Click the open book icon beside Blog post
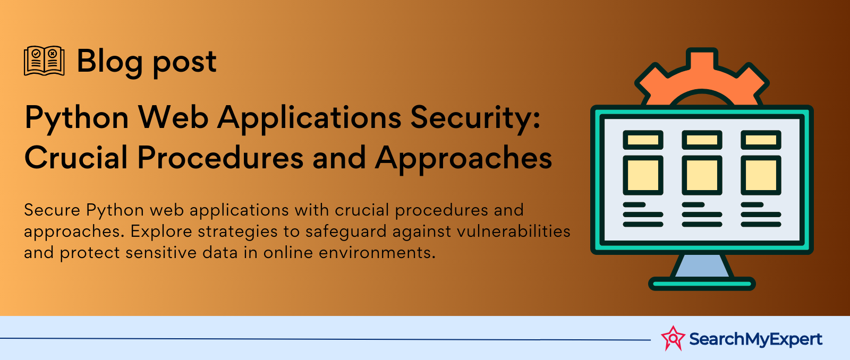coord(44,61)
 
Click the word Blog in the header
coord(109,62)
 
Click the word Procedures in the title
coord(220,157)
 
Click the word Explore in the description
coord(161,232)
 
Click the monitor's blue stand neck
coord(702,265)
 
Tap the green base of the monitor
coord(702,284)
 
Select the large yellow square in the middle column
coord(702,175)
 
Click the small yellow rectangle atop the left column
coord(643,140)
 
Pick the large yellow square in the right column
coord(761,175)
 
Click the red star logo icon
coord(673,338)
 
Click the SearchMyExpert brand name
coord(755,339)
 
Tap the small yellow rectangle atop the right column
coord(761,140)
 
